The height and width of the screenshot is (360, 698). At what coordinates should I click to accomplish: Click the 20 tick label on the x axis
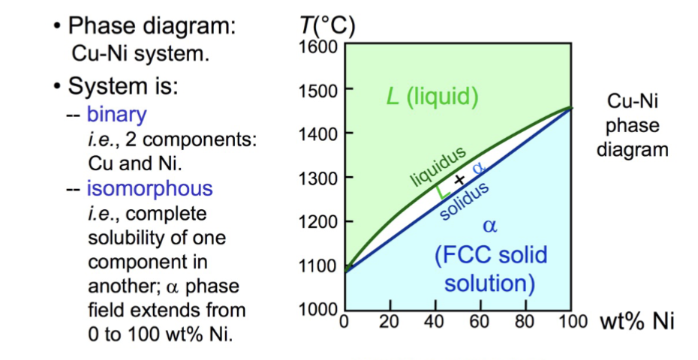coord(389,323)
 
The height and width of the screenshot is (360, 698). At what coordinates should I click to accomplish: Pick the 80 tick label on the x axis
coord(525,323)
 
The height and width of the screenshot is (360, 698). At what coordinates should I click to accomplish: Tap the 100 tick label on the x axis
coord(572,323)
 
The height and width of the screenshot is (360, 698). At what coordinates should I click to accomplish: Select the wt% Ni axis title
coord(636,322)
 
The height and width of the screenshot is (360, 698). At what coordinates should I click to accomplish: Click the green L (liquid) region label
coord(432,97)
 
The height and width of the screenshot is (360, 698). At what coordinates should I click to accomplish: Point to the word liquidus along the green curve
coord(439,166)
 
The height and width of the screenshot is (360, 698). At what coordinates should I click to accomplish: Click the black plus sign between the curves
coord(459,181)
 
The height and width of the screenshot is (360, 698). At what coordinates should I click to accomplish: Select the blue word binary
coord(116,115)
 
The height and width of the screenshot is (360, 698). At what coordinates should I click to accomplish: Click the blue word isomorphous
coord(149,188)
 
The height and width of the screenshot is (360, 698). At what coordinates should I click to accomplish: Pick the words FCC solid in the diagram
coord(489,254)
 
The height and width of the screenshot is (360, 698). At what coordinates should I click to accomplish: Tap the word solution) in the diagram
coord(489,283)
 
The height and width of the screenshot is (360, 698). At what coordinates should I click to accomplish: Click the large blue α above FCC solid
coord(489,224)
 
